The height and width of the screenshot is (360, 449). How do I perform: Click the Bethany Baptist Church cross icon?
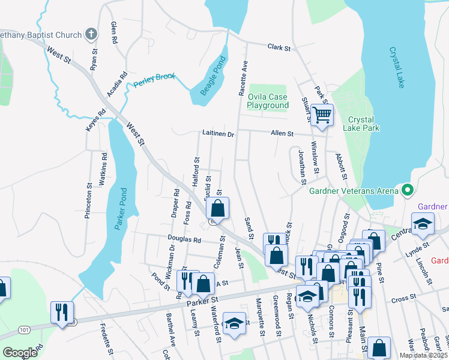91,34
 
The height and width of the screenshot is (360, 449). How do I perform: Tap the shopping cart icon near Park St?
322,114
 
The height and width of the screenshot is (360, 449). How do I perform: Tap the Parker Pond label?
120,210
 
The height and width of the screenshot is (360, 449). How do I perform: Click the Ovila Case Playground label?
268,101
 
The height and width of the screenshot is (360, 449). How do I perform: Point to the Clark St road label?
279,47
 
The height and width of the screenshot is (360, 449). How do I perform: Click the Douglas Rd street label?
183,239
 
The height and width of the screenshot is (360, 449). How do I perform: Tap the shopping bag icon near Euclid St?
217,209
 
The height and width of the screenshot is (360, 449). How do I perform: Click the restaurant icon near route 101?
62,312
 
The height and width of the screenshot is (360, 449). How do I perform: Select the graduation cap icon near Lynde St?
423,224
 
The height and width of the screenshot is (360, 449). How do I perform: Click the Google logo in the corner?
20,353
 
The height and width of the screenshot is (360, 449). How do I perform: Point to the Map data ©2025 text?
423,355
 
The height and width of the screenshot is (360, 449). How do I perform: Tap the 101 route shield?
24,329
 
